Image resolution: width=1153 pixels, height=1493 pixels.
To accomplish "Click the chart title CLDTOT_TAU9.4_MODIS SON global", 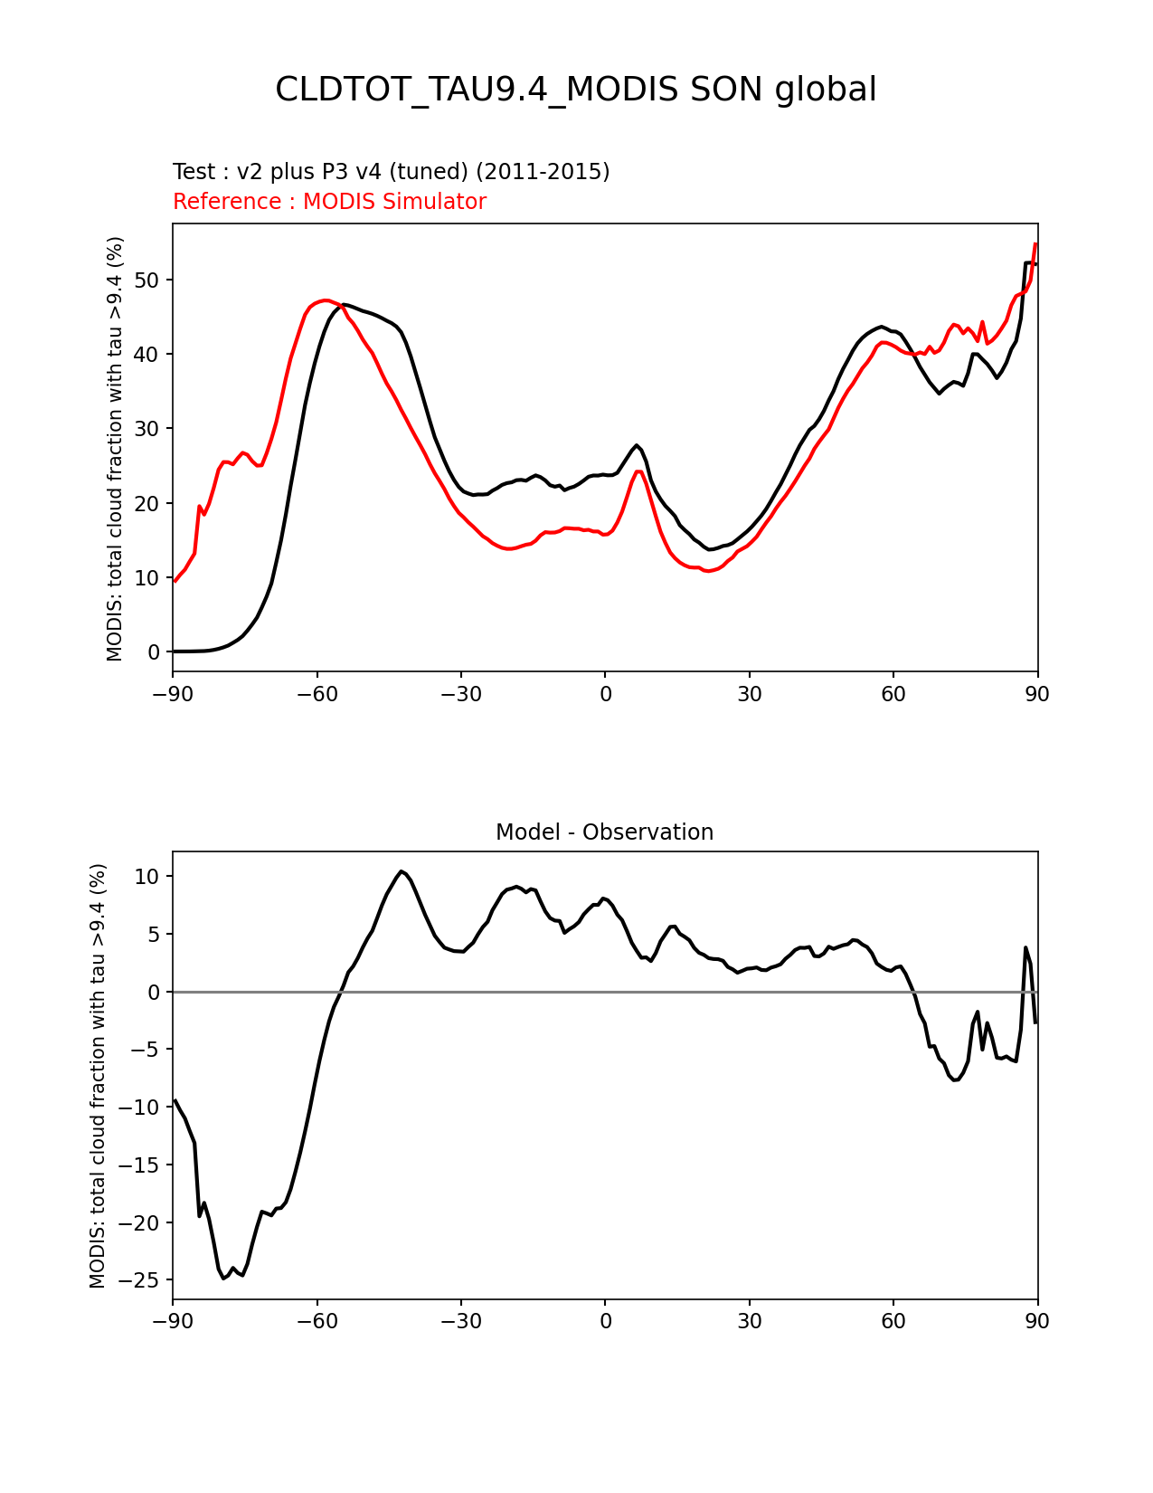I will point(575,90).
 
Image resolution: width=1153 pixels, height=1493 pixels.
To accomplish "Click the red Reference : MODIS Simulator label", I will point(329,202).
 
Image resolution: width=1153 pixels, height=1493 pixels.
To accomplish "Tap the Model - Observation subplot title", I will point(604,832).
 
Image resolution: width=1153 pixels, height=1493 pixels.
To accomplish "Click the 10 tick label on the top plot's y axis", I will point(148,577).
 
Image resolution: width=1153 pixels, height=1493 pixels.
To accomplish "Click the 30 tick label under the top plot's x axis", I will point(749,694).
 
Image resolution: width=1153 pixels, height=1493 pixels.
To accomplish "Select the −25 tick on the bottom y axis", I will point(142,1280).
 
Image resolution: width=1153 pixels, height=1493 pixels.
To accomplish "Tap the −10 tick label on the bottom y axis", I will point(142,1108).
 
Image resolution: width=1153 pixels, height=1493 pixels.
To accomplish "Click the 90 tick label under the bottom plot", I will point(1037,1321).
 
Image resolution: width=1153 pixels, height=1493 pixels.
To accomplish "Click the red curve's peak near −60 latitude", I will point(325,300).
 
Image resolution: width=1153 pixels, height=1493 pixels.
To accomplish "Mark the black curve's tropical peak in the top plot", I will point(637,445).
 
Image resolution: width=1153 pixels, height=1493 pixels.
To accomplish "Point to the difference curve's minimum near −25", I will point(224,1278).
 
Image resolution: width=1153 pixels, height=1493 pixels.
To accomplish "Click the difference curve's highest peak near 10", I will point(401,871).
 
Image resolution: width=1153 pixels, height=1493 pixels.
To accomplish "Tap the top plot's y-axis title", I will point(115,448).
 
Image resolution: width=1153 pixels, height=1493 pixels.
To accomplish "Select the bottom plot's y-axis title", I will point(98,1075).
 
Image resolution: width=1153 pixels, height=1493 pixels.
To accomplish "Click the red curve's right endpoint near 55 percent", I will point(1035,244).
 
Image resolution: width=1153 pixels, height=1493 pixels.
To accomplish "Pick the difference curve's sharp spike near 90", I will point(1025,947).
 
